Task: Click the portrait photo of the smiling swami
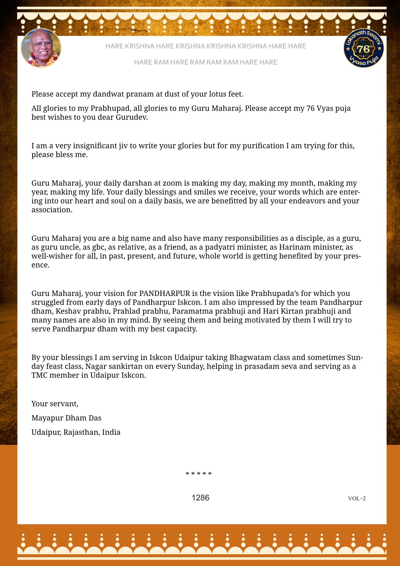(41, 48)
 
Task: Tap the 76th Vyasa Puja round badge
(364, 48)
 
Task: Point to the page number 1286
(200, 498)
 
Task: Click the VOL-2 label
(357, 498)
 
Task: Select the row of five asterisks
(199, 474)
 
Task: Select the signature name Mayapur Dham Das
(66, 418)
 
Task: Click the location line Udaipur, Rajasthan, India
(76, 432)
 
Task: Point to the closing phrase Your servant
(55, 404)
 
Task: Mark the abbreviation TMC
(39, 375)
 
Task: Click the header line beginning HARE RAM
(205, 62)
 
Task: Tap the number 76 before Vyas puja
(310, 108)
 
